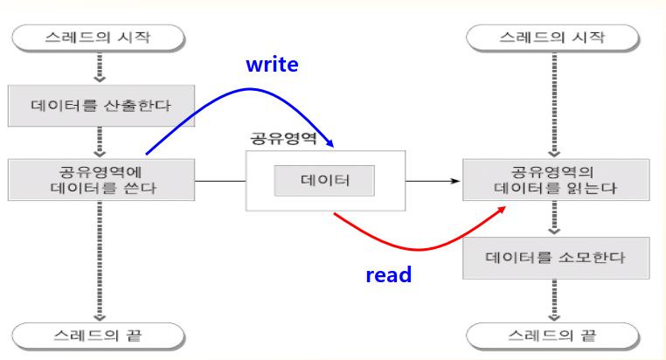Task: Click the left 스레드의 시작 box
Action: [98, 38]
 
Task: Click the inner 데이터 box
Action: [324, 181]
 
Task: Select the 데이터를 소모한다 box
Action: [556, 259]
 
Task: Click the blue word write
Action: [272, 64]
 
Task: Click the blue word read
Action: [388, 274]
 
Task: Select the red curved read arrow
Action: [411, 247]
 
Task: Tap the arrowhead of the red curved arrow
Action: [502, 211]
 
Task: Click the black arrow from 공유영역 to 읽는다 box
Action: [433, 181]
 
